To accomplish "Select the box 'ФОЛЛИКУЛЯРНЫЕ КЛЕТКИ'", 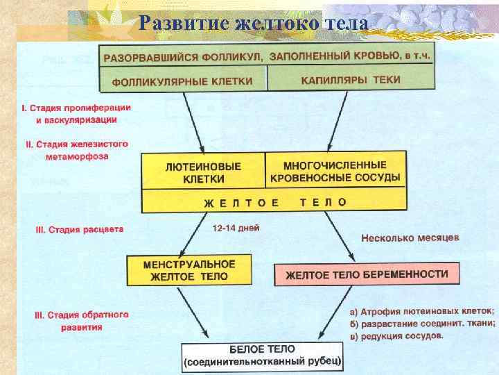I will click(183, 81).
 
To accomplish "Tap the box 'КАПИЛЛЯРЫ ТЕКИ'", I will click(350, 80).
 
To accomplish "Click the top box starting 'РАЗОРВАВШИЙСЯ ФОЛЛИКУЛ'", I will click(266, 56).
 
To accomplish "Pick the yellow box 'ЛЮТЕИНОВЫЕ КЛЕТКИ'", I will click(204, 172).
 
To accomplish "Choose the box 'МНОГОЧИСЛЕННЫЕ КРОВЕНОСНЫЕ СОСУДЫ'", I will click(335, 171).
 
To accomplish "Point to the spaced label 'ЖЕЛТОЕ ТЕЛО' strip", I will click(274, 202).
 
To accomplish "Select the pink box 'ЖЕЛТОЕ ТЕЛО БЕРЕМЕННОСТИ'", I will click(367, 274).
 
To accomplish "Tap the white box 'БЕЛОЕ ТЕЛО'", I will click(262, 356).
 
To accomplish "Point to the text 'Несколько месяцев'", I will click(410, 237).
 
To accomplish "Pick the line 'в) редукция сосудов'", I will click(396, 335).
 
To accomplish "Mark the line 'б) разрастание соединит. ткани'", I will click(422, 323).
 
